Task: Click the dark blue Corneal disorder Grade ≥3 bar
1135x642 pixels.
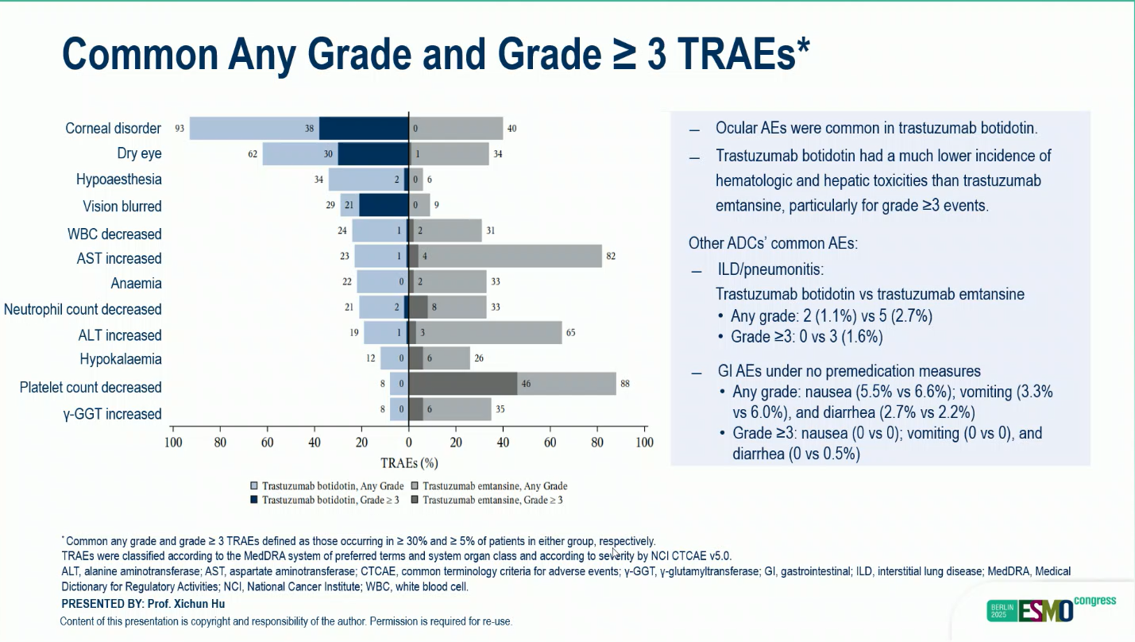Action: pyautogui.click(x=364, y=128)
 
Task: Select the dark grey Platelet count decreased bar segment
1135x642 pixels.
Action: pyautogui.click(x=463, y=384)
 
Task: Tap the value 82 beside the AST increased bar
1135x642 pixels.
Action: pyautogui.click(x=611, y=256)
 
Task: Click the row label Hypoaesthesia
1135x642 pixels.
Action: pyautogui.click(x=118, y=180)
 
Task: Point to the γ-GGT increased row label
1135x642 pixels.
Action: pyautogui.click(x=112, y=414)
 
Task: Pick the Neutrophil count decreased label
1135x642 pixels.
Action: pyautogui.click(x=83, y=309)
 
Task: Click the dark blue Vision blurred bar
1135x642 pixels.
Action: pyautogui.click(x=384, y=205)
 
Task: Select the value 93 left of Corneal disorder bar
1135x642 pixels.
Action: pyautogui.click(x=180, y=128)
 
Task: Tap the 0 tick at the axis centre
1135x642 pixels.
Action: pyautogui.click(x=408, y=443)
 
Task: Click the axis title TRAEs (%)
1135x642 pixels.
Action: pyautogui.click(x=409, y=463)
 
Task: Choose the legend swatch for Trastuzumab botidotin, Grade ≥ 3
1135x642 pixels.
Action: pyautogui.click(x=254, y=500)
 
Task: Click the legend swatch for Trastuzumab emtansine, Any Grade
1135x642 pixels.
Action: pyautogui.click(x=415, y=485)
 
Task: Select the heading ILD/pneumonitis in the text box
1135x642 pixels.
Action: pyautogui.click(x=770, y=269)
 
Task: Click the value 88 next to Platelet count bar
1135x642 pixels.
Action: pyautogui.click(x=625, y=384)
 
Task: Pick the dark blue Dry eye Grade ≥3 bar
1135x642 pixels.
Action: pyautogui.click(x=373, y=153)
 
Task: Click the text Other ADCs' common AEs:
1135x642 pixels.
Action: pyautogui.click(x=773, y=243)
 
